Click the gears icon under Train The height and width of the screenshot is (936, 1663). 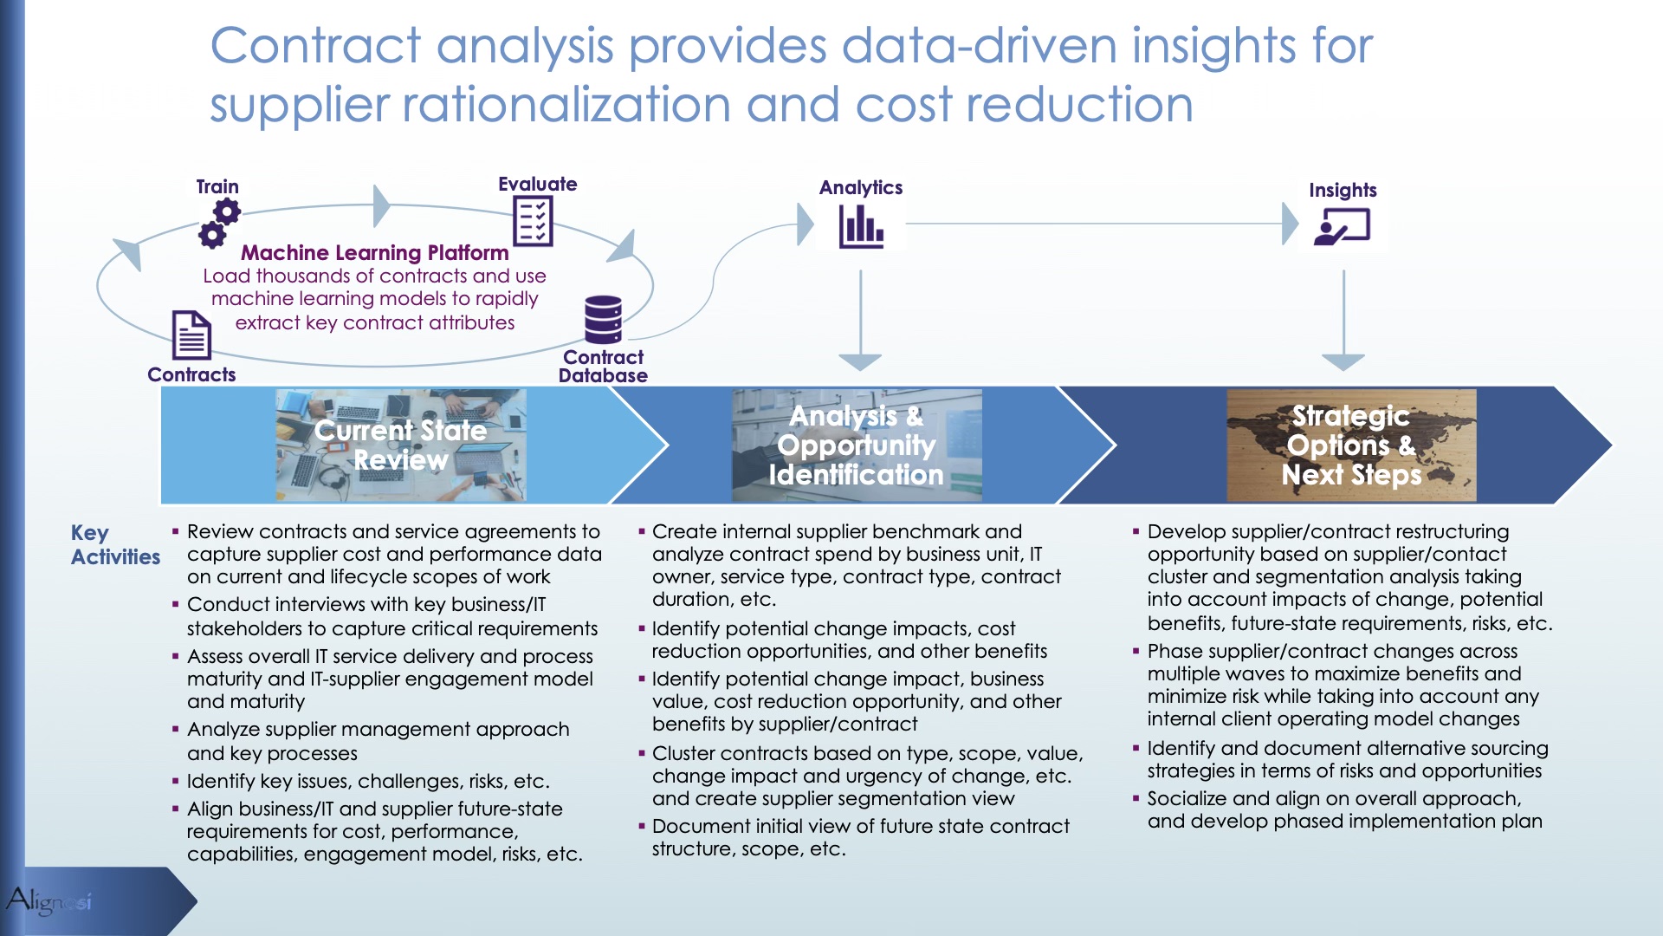(219, 224)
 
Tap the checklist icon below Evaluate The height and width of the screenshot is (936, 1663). (533, 221)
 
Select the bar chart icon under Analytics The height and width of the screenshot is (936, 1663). (861, 227)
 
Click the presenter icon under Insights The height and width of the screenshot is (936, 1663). (1342, 228)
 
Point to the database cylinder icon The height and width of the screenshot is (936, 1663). (603, 320)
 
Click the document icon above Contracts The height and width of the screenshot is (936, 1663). (191, 335)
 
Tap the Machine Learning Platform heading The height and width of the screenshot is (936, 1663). (375, 253)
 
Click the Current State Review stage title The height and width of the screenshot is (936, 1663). (401, 445)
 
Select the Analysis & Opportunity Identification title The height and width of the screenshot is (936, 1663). (857, 445)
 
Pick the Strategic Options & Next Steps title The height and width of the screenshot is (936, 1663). (1351, 445)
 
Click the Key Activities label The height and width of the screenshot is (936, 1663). (115, 544)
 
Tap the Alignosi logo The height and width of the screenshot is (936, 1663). (49, 900)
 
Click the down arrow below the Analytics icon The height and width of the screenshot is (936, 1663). (860, 320)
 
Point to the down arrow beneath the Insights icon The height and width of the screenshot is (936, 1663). (1343, 320)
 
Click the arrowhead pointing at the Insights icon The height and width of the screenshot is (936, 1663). (1291, 224)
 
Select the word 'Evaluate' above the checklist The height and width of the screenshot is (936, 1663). (537, 184)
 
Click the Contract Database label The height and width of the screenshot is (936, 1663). (603, 366)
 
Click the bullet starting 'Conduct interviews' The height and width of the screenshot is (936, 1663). (385, 616)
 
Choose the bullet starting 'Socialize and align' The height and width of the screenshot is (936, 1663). (1338, 809)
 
